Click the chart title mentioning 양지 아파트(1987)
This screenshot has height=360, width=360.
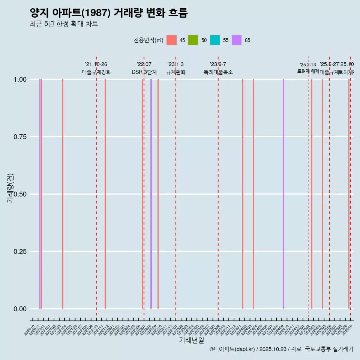(108, 13)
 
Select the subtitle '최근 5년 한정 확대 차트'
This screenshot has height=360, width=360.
(64, 24)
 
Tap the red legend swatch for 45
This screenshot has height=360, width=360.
(171, 40)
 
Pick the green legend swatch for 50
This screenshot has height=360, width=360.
(193, 40)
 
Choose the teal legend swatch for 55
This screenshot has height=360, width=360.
(215, 40)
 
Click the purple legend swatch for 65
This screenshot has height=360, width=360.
(237, 40)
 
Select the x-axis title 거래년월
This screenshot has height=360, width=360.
(191, 340)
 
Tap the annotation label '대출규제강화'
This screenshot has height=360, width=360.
(96, 72)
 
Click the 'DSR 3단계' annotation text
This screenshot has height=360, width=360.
(144, 72)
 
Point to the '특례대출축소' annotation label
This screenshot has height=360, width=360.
(218, 72)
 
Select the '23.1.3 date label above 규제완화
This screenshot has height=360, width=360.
(175, 64)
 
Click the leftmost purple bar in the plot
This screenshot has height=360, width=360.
(40, 194)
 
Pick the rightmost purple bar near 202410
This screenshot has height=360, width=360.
(283, 194)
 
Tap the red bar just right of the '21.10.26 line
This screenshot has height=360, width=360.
(105, 194)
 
